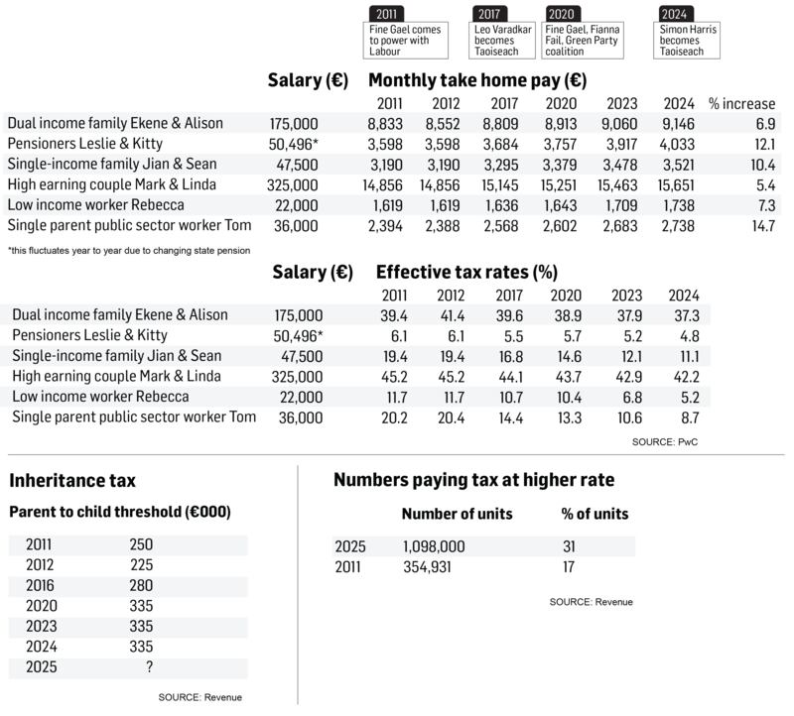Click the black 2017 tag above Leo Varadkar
point(489,14)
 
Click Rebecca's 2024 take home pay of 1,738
point(677,204)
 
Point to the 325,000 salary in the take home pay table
point(294,184)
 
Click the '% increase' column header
point(741,104)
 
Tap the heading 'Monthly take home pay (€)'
point(476,80)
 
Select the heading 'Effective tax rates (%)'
point(466,272)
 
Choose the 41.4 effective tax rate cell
point(452,315)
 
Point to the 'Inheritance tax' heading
point(72,482)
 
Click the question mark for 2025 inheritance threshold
point(149,667)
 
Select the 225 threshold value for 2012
point(141,565)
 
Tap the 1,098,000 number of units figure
point(433,546)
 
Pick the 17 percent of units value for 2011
point(570,567)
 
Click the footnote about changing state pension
point(129,251)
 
